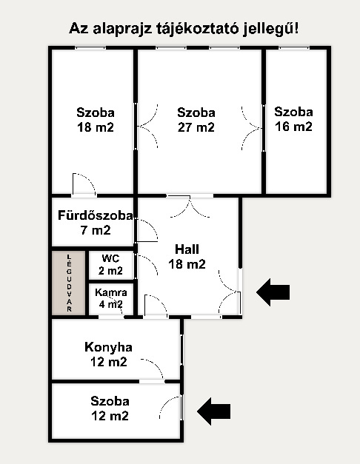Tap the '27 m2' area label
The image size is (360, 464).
(x=196, y=127)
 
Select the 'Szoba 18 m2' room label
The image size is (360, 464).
(x=96, y=120)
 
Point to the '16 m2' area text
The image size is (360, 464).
(x=293, y=127)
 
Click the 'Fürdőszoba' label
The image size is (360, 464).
(x=96, y=215)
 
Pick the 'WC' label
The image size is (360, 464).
(x=110, y=258)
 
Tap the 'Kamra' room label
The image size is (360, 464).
(x=111, y=292)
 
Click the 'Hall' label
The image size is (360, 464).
(x=187, y=249)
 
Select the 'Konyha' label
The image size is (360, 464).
(x=108, y=347)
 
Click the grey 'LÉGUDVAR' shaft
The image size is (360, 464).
(x=69, y=283)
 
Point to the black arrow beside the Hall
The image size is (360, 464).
(x=273, y=292)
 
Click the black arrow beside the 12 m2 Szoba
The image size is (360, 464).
(x=213, y=411)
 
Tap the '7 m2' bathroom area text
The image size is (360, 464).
(x=96, y=230)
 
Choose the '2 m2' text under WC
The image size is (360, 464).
(x=110, y=270)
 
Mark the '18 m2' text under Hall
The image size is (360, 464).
(x=187, y=264)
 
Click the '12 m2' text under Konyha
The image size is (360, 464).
(x=109, y=362)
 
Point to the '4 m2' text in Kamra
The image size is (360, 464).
(x=110, y=304)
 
